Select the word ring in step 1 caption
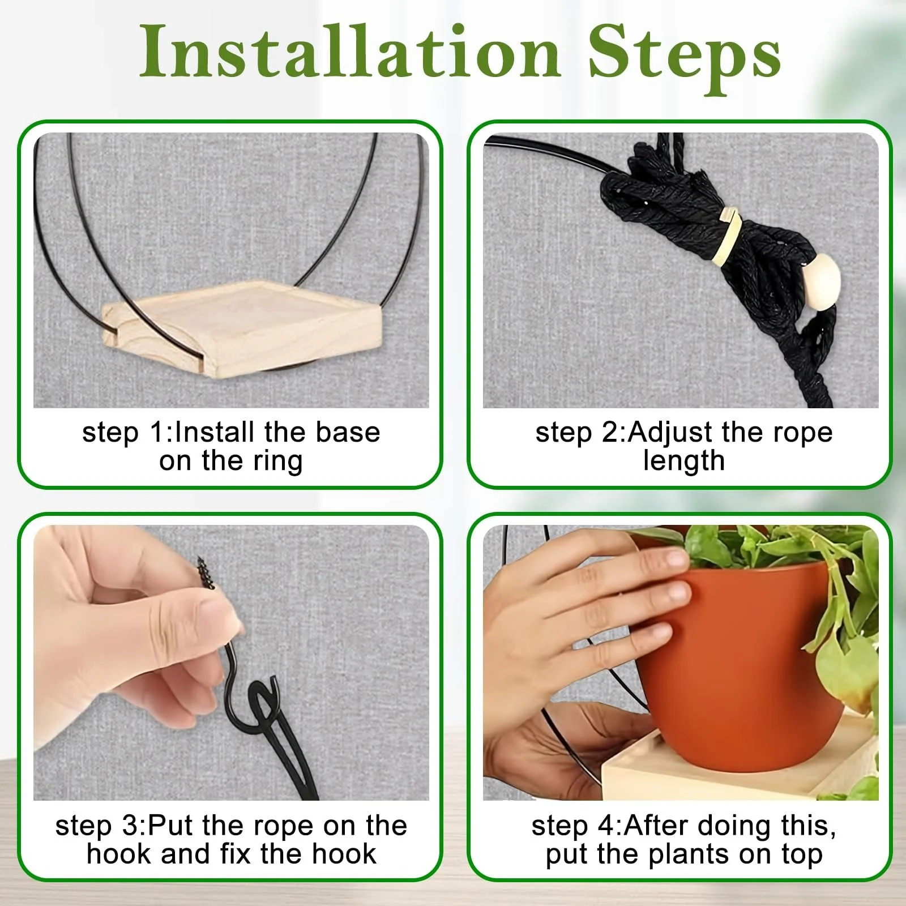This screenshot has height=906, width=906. pos(277,461)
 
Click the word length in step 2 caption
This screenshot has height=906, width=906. pos(684,461)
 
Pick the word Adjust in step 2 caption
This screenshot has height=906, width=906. pos(671,433)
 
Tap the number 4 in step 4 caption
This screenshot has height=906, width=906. pos(608,826)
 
